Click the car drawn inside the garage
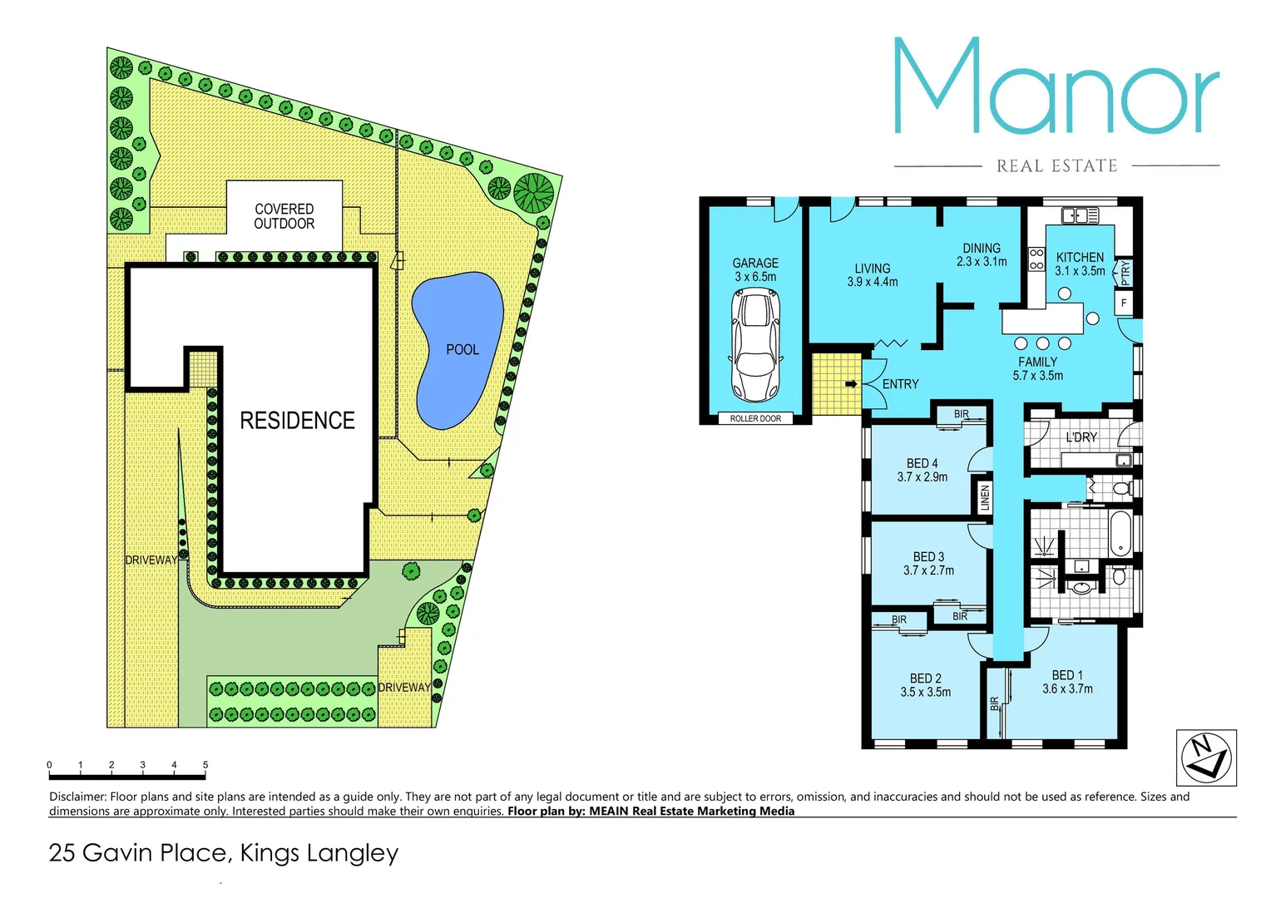pos(755,344)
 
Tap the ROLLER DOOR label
pos(755,418)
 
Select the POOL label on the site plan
pos(462,350)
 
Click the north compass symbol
pos(1205,757)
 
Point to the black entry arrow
pos(851,384)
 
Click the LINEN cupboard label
pos(985,497)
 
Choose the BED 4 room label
pos(922,463)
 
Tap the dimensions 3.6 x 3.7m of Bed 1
pos(1067,689)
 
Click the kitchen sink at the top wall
pos(1081,215)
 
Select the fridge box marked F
pos(1124,303)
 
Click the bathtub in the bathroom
pos(1121,533)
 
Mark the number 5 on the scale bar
pos(205,764)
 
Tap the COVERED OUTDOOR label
pos(284,216)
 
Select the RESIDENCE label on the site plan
pos(297,421)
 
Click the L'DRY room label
pos(1081,437)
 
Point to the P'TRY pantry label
pos(1125,271)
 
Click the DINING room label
pos(982,248)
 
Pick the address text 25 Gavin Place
pos(137,853)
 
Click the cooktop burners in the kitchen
pos(1036,259)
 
